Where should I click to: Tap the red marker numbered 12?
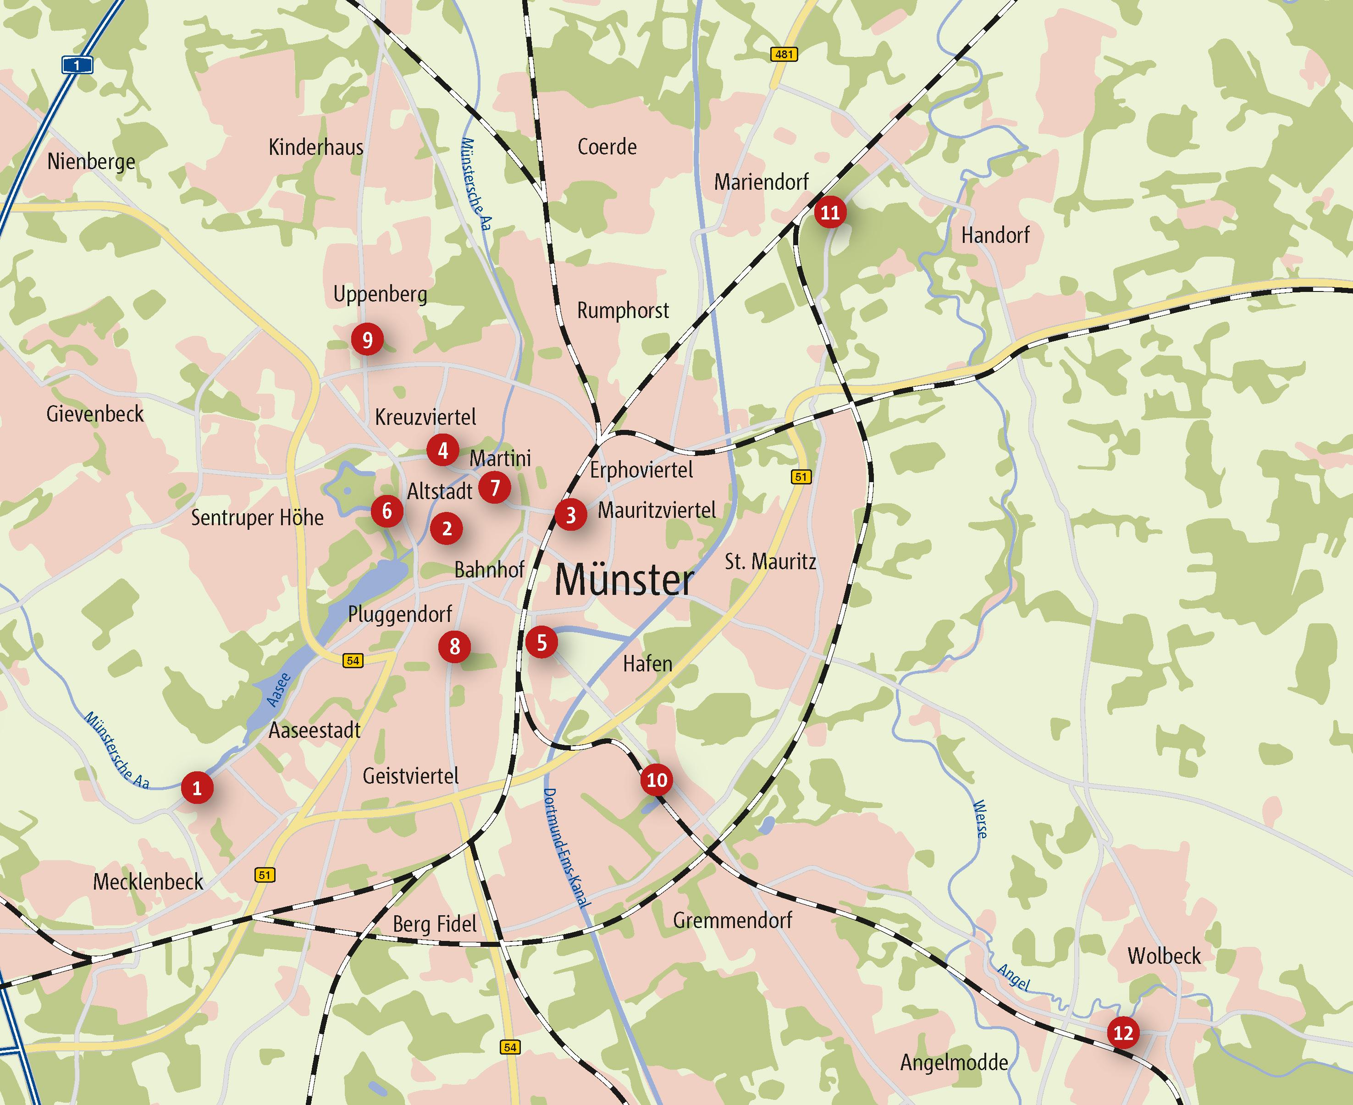click(x=1123, y=1032)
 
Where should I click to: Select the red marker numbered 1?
click(x=197, y=788)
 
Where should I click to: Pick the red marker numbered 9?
click(x=367, y=340)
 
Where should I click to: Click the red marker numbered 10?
click(x=657, y=780)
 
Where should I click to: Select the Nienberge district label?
click(x=91, y=162)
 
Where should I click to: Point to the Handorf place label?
click(x=995, y=236)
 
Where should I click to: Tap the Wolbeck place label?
click(x=1164, y=956)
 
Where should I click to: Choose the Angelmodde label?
click(x=954, y=1062)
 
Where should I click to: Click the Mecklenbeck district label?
click(x=148, y=882)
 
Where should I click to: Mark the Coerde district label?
click(x=607, y=147)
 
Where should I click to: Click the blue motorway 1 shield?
click(x=77, y=65)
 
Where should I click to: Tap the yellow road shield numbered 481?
click(x=784, y=54)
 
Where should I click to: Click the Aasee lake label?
click(x=279, y=689)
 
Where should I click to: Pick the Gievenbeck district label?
click(x=95, y=414)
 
